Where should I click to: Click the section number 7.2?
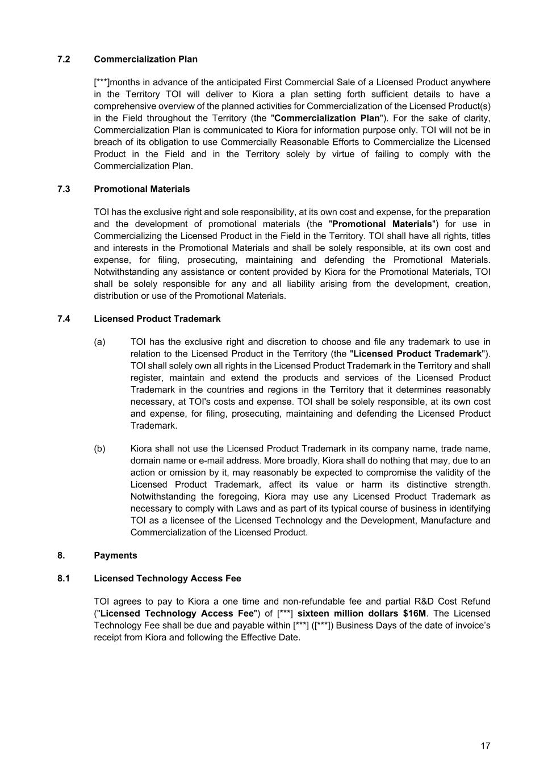pos(64,59)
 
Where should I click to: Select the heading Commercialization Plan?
pos(146,59)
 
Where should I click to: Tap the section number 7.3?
pos(64,189)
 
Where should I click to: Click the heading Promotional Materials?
pos(142,189)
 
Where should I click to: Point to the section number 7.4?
pos(64,319)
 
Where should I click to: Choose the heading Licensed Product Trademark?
pos(157,319)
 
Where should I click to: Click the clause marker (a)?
pos(100,342)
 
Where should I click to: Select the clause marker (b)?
pos(100,449)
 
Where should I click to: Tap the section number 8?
pos(61,556)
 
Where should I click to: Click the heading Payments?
pos(115,556)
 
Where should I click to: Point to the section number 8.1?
pos(64,579)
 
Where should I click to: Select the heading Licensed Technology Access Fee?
pos(168,579)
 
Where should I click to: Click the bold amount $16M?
pos(414,614)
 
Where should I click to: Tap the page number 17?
pos(485,746)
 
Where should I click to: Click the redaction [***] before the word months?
pos(102,82)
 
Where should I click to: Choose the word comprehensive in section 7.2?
pos(123,106)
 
